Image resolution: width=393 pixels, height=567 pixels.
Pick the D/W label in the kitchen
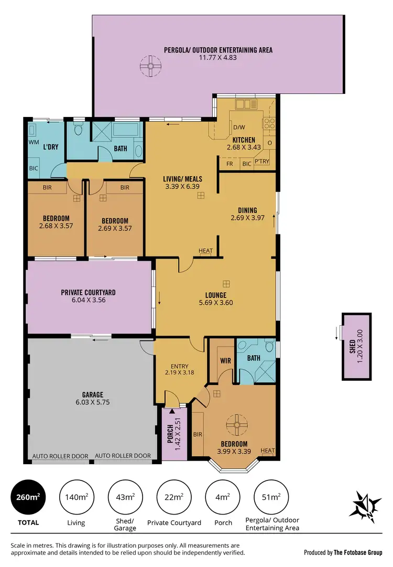(x=239, y=127)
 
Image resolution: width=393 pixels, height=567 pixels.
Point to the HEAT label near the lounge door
(x=206, y=251)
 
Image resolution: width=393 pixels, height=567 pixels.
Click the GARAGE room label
(x=92, y=395)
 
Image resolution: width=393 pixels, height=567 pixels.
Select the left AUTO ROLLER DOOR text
(x=60, y=456)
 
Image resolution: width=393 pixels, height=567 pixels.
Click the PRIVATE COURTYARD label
(x=88, y=292)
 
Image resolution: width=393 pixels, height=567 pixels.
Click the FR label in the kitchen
(x=230, y=164)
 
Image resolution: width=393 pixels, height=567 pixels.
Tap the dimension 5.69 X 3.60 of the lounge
(x=216, y=303)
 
